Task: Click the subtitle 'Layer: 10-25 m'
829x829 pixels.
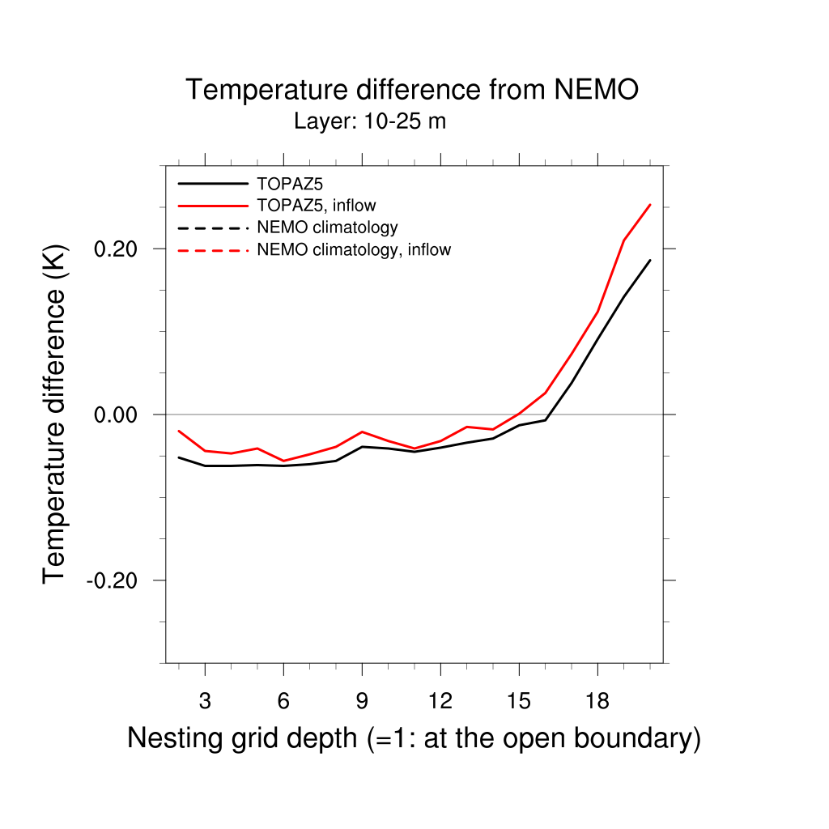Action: click(370, 122)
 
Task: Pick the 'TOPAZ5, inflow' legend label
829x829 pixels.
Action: click(317, 206)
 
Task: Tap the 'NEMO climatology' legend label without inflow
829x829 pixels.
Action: click(327, 227)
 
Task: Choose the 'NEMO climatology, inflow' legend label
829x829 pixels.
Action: click(354, 249)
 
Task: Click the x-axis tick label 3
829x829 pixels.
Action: click(205, 702)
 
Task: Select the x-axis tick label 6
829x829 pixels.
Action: click(283, 702)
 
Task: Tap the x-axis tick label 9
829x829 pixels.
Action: click(362, 702)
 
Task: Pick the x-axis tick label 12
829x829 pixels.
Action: click(440, 702)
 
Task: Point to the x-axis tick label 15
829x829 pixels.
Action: click(519, 702)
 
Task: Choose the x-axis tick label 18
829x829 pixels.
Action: click(597, 702)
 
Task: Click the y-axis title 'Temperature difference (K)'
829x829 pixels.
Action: click(54, 414)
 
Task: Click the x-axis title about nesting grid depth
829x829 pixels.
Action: click(414, 738)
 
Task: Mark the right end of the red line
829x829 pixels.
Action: click(650, 205)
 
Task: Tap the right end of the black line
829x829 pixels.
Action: click(650, 260)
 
